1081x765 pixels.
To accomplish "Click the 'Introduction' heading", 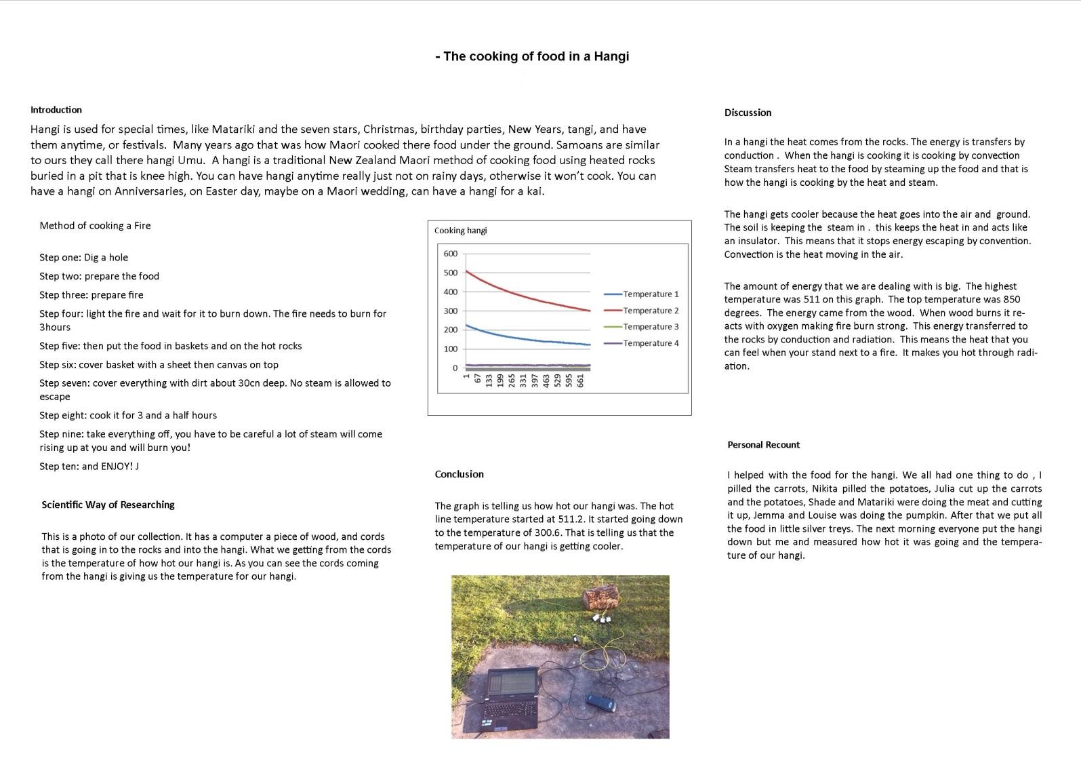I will tap(56, 110).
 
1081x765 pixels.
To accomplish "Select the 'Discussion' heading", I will tap(748, 113).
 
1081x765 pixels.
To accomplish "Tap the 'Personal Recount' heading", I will tap(763, 445).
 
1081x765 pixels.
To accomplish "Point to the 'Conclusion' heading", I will tap(459, 474).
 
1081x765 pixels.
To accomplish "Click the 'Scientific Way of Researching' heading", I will tap(108, 505).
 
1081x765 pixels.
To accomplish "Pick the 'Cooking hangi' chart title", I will tap(460, 231).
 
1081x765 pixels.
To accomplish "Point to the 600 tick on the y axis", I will tap(450, 254).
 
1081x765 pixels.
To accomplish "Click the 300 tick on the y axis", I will tap(450, 311).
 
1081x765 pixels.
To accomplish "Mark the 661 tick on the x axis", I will tap(581, 380).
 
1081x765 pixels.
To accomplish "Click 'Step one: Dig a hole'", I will tap(83, 258).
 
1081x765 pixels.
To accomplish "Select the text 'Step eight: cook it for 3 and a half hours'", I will tap(128, 415).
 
